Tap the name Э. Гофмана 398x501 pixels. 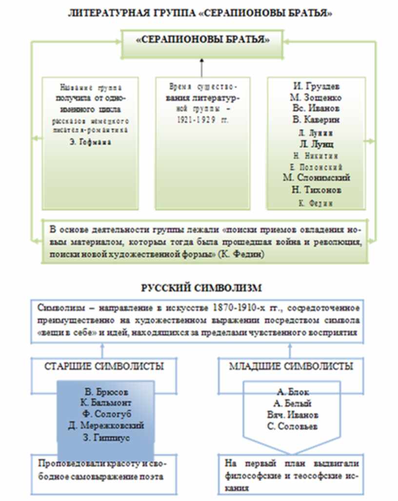point(90,143)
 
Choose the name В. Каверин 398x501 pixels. point(316,119)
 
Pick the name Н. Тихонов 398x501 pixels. point(316,189)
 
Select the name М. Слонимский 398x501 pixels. point(316,178)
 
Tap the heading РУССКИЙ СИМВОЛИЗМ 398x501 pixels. point(199,288)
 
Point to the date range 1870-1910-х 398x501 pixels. point(237,309)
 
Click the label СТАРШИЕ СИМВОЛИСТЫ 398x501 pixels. point(104,366)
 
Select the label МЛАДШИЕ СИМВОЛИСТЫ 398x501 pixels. point(291,366)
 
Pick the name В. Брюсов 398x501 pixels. point(106,392)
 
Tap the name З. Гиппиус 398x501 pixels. point(106,437)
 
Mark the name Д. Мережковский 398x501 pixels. point(106,426)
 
